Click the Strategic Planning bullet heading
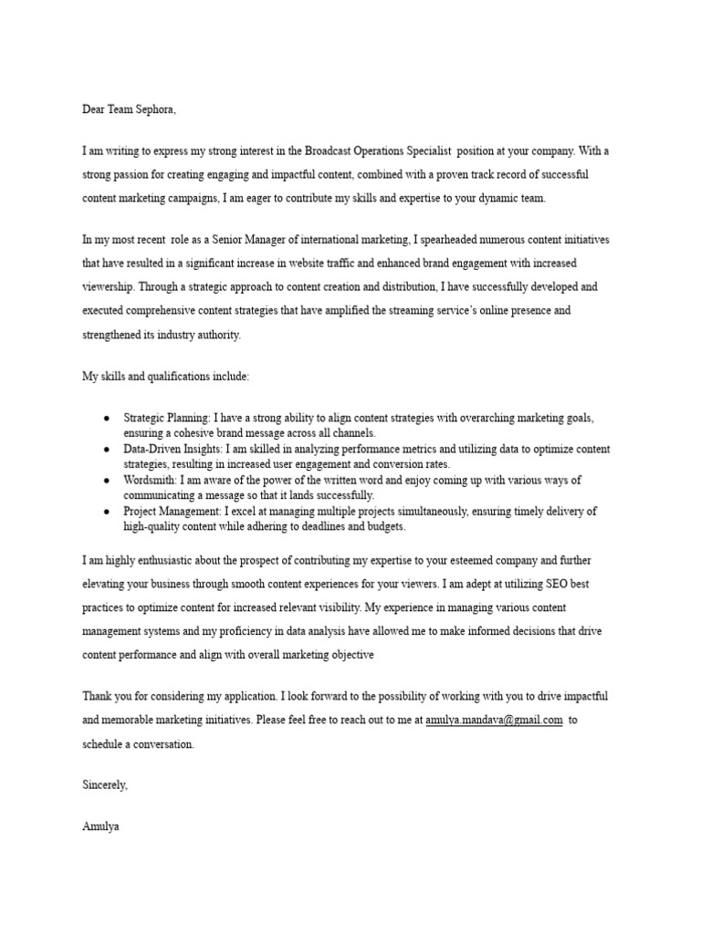[166, 418]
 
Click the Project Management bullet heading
[172, 511]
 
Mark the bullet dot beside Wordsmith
[107, 480]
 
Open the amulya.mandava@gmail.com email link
[494, 720]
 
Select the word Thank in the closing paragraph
[98, 696]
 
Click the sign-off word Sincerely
[105, 785]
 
